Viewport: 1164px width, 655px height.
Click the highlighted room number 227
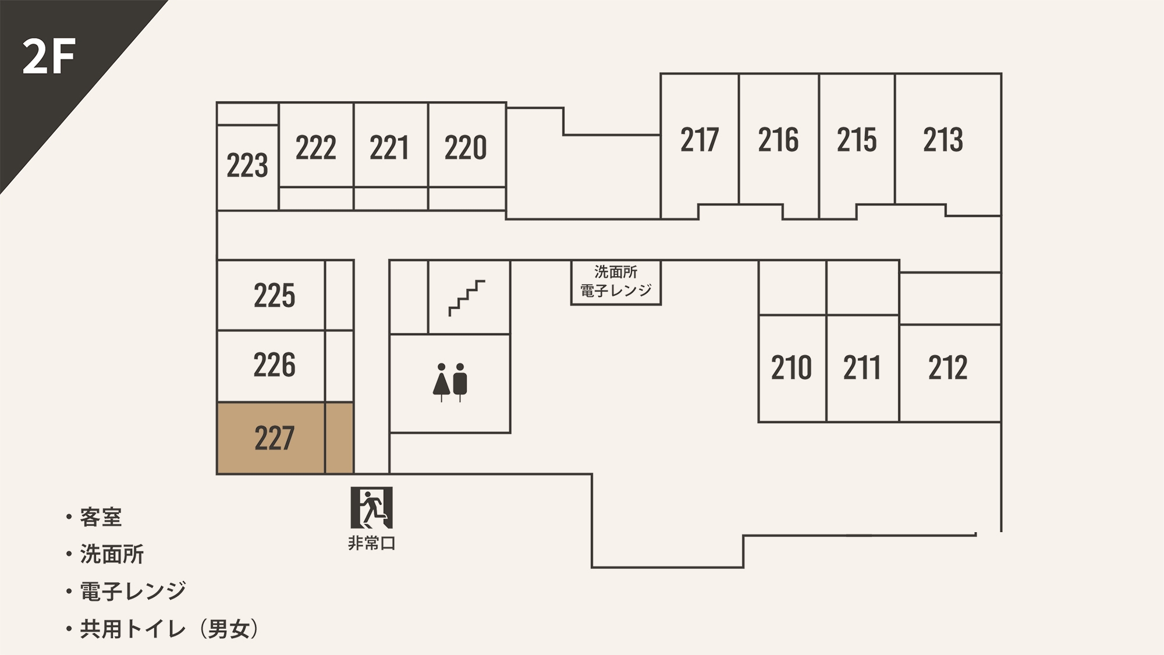coord(274,438)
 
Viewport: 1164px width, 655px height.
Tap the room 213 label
coord(943,140)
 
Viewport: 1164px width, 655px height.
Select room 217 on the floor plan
coord(700,140)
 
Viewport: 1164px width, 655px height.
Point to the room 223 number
coord(247,165)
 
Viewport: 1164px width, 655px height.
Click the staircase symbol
coord(467,298)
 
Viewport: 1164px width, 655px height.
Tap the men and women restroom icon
coord(450,382)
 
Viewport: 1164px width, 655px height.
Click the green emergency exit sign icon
coord(371,508)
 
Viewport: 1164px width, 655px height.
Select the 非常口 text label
coord(371,543)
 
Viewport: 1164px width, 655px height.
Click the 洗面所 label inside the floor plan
coord(616,272)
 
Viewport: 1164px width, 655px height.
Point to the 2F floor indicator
coord(49,57)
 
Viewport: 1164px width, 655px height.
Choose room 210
coord(791,368)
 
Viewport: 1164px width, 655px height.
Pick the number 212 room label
coord(947,368)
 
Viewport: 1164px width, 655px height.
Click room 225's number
coord(274,295)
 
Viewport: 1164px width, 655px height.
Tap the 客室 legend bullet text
coord(101,517)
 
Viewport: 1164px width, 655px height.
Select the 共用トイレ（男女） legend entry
coord(169,629)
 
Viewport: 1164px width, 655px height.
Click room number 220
coord(466,147)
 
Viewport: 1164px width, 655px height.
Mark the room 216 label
coord(778,140)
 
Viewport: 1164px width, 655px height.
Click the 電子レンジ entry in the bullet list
coord(133,592)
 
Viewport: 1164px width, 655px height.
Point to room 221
coord(389,147)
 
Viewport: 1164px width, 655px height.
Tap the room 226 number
coord(274,365)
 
